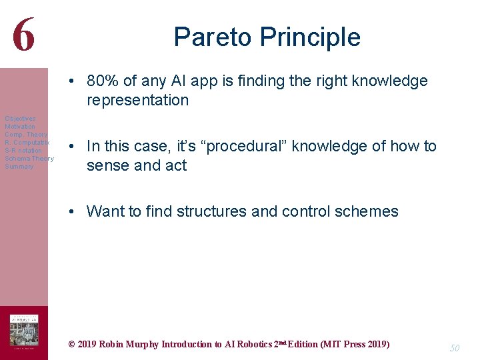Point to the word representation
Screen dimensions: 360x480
point(138,101)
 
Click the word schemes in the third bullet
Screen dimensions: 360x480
point(367,212)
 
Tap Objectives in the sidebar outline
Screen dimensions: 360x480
point(20,119)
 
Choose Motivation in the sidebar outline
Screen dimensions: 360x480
point(20,127)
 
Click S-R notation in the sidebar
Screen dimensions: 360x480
point(23,151)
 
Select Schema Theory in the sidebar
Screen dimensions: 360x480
point(29,159)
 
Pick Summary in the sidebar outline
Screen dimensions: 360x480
point(19,167)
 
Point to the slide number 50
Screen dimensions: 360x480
point(455,348)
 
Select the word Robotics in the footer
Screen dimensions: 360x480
point(255,345)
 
